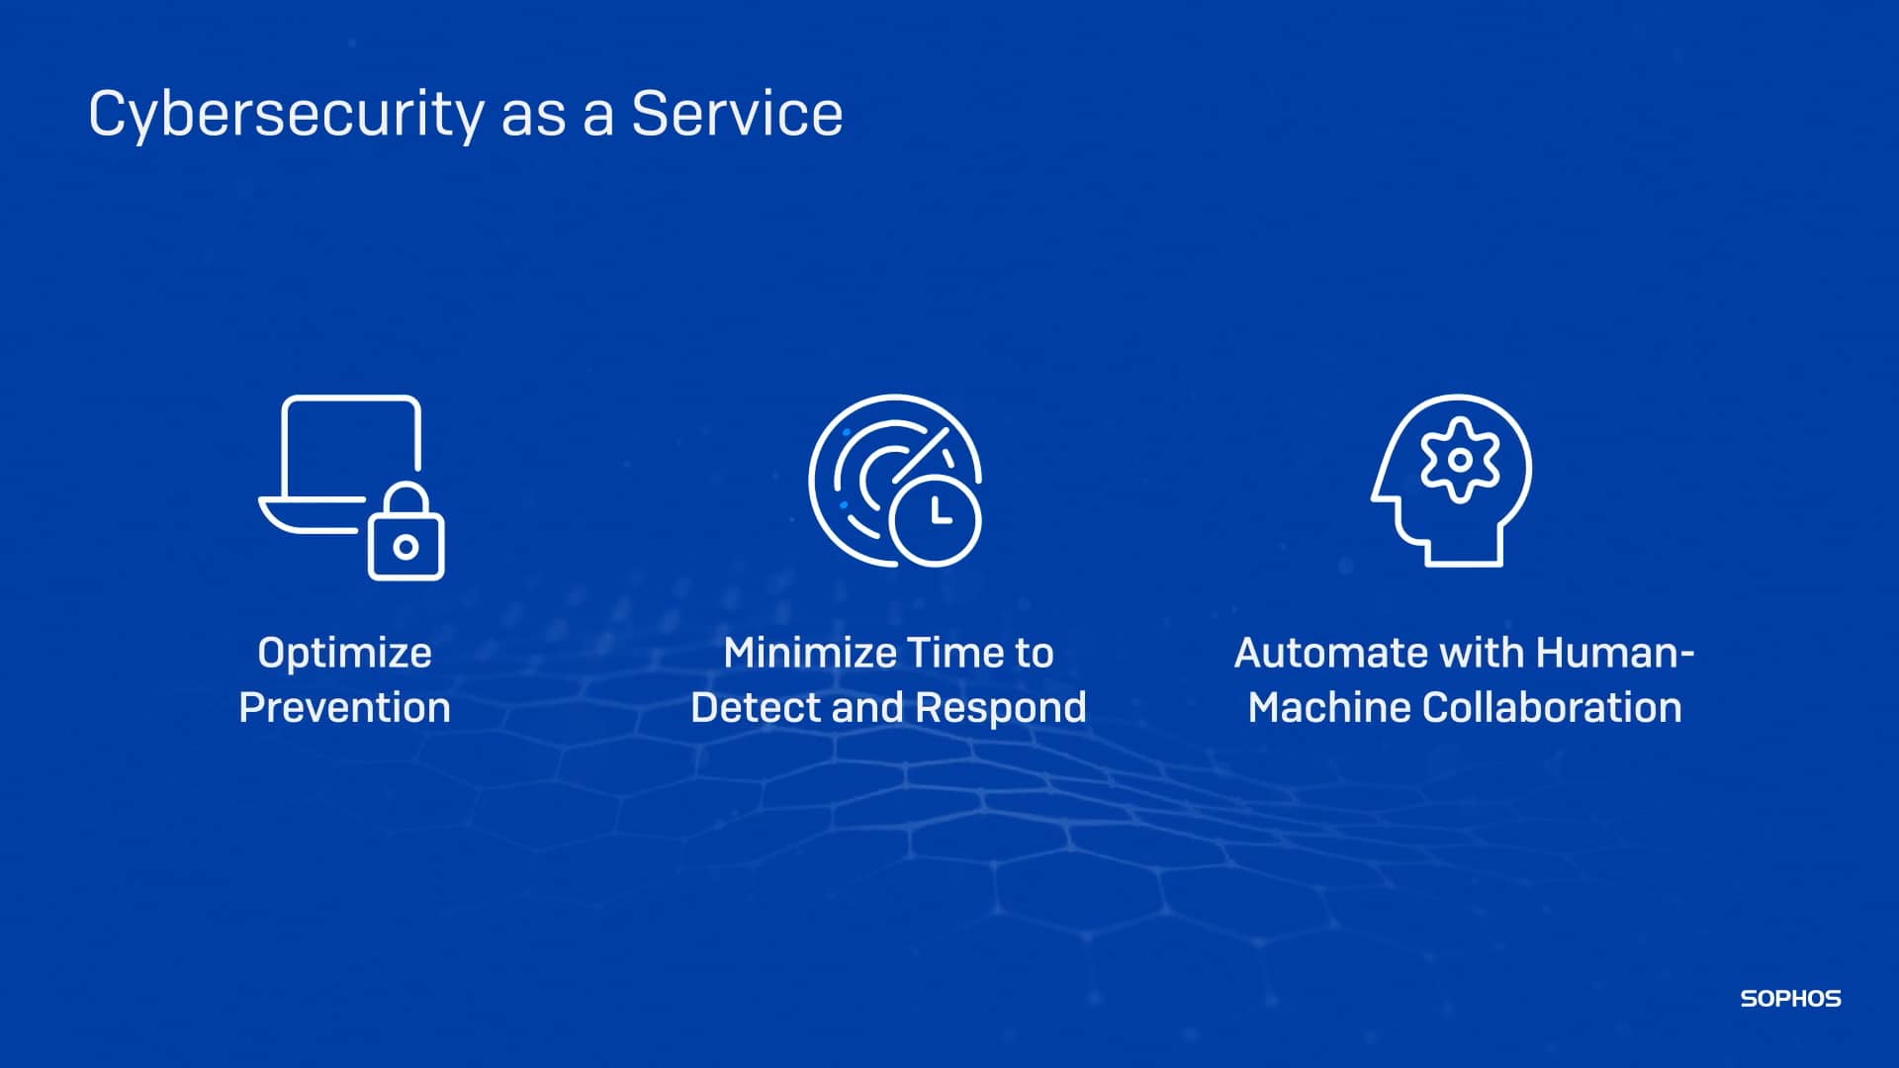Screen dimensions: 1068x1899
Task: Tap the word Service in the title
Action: click(737, 113)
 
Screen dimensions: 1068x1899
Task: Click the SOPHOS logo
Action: click(1790, 999)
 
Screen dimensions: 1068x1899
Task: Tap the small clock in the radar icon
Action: click(935, 518)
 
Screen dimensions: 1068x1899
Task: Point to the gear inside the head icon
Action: click(1459, 460)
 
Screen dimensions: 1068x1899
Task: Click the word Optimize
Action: click(344, 653)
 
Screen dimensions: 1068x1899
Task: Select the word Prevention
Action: click(344, 708)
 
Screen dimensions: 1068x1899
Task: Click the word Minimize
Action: click(809, 653)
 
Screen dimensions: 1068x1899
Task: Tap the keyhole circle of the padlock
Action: click(406, 547)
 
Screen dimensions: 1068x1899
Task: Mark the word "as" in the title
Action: click(533, 115)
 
